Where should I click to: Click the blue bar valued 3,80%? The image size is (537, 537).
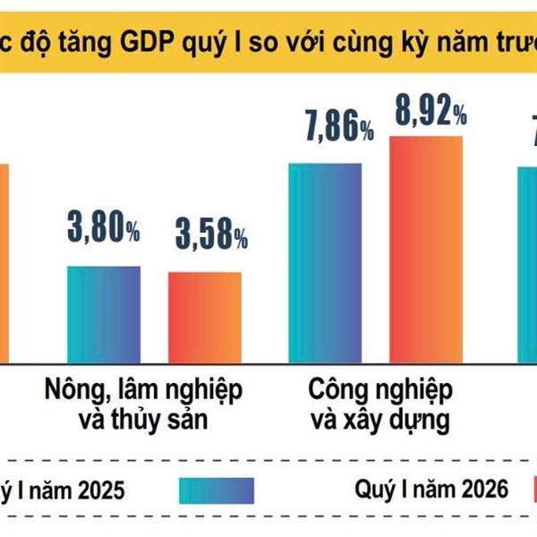pyautogui.click(x=104, y=313)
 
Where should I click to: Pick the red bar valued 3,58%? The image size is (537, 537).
pyautogui.click(x=205, y=317)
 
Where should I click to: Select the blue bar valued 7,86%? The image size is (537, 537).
pyautogui.click(x=325, y=263)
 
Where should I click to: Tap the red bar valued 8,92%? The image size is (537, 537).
pyautogui.click(x=426, y=250)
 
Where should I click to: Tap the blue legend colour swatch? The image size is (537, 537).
pyautogui.click(x=217, y=490)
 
